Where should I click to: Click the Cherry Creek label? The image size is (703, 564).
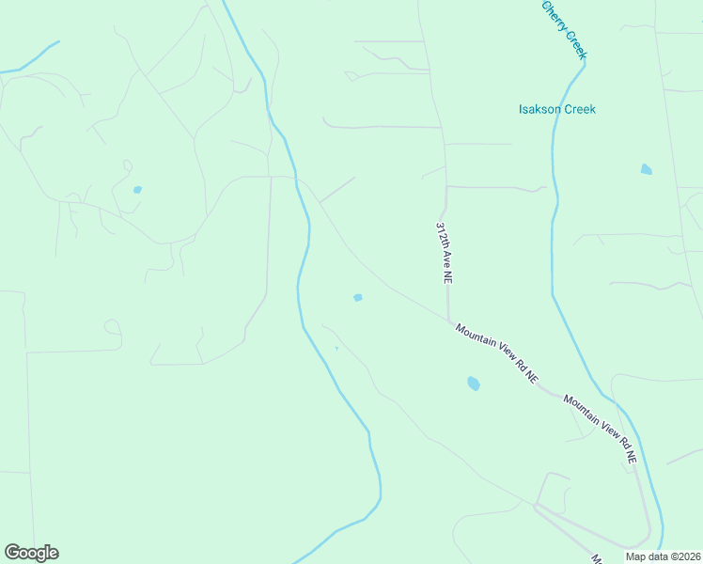(x=564, y=29)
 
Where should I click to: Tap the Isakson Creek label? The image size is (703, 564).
(x=557, y=109)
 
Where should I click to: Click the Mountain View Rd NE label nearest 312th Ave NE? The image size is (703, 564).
(x=496, y=352)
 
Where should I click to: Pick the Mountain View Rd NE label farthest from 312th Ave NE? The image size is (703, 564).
(x=601, y=429)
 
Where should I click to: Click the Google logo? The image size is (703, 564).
(x=31, y=553)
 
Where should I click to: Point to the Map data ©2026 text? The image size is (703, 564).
(x=663, y=556)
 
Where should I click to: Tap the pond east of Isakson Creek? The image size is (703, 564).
(x=646, y=170)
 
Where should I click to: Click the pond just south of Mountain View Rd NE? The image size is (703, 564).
(x=473, y=384)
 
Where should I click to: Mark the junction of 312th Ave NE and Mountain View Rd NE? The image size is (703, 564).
(x=448, y=321)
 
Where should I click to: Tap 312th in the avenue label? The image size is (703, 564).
(x=441, y=235)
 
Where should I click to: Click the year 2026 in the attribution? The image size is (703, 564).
(x=688, y=556)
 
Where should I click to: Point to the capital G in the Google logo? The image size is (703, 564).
(x=12, y=553)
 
